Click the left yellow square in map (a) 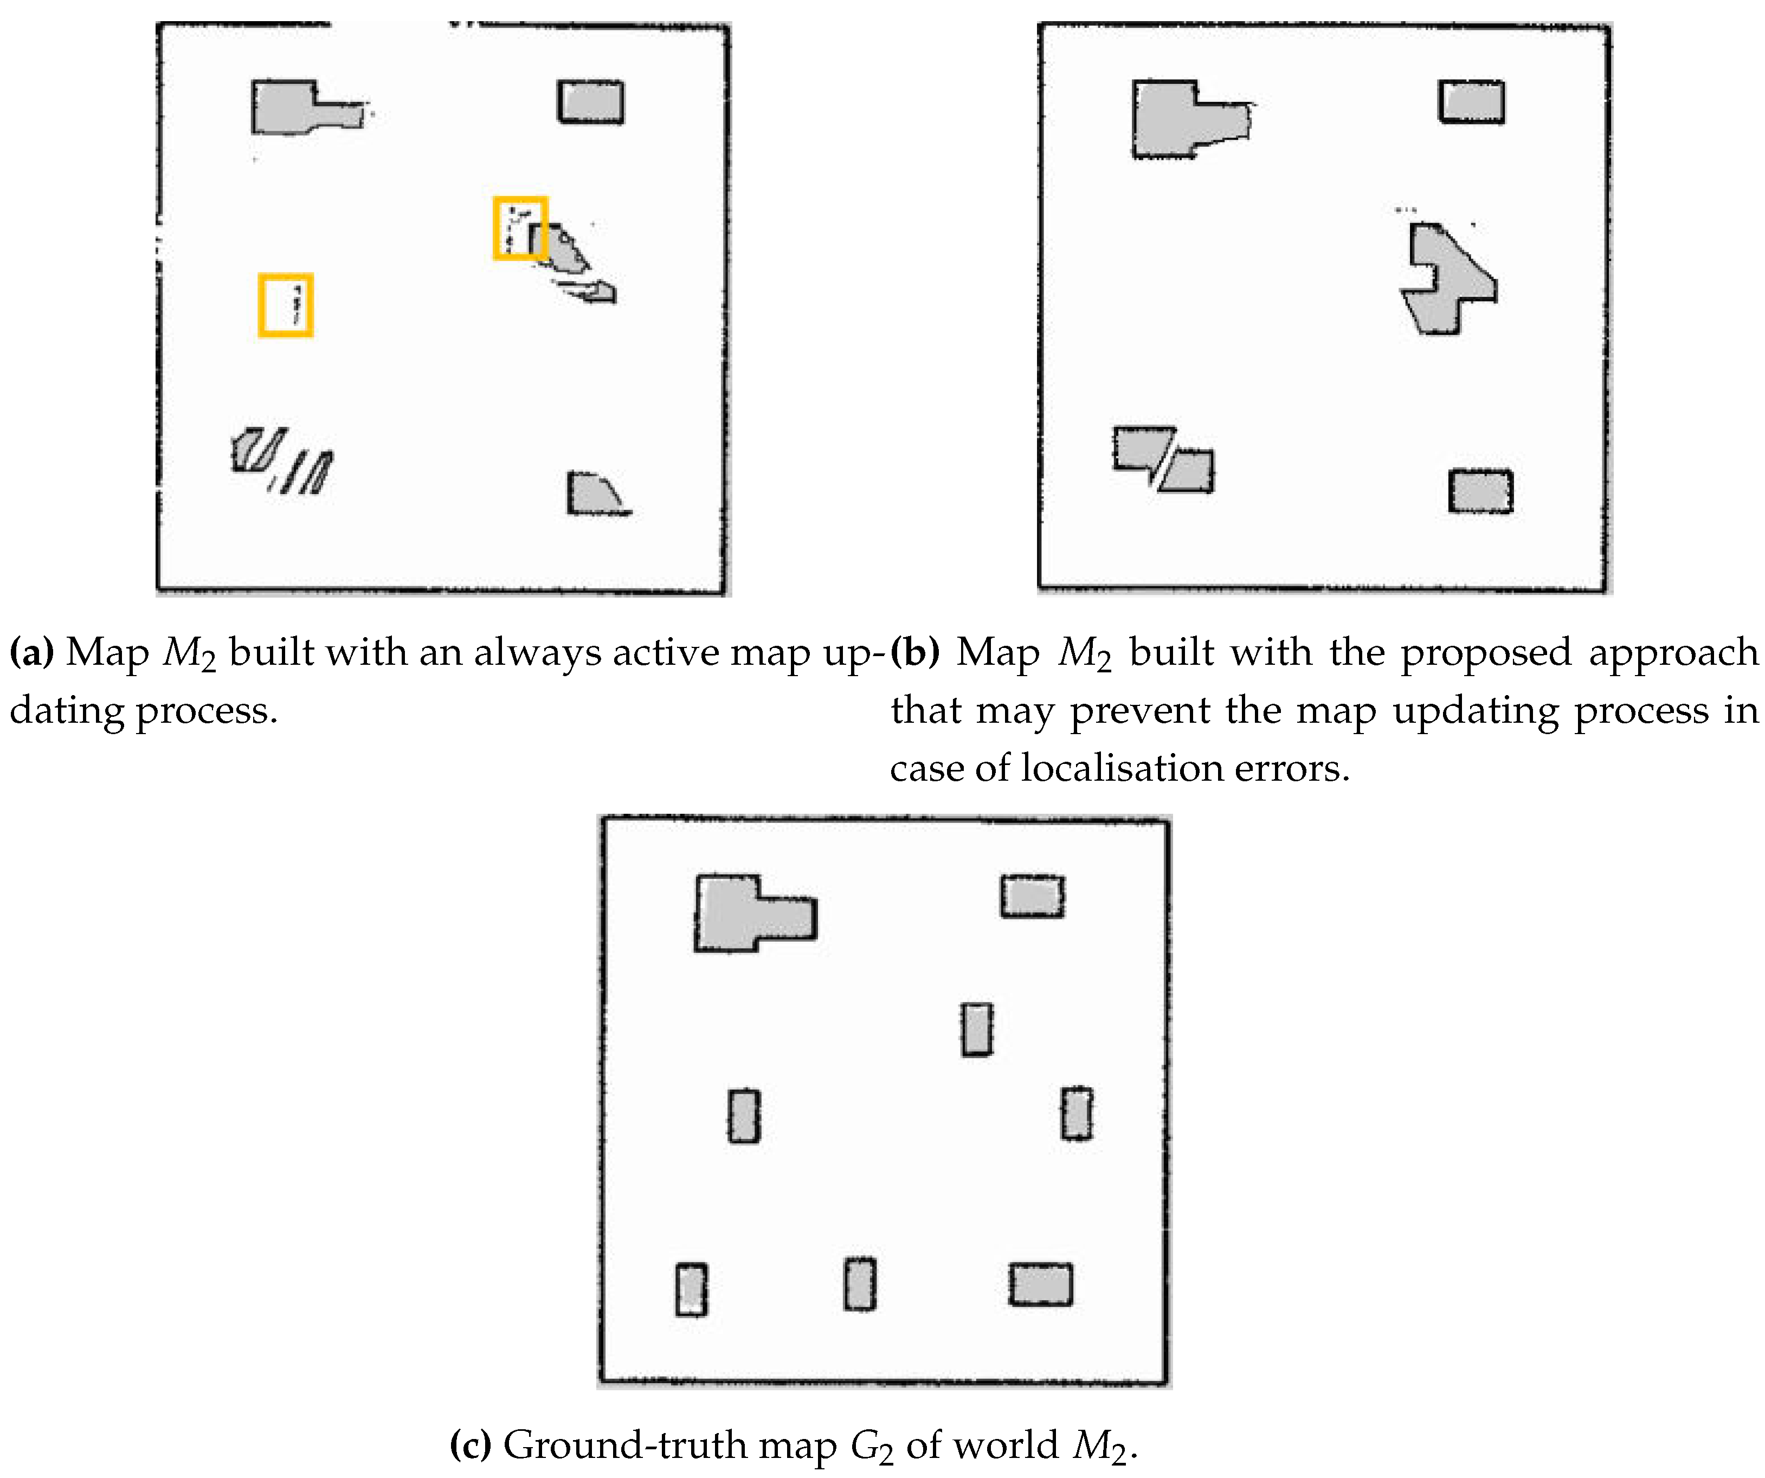(x=286, y=305)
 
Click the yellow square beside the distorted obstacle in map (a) (x=520, y=228)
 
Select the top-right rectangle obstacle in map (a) (x=591, y=102)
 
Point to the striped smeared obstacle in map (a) (x=281, y=461)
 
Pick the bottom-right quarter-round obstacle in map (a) (x=592, y=494)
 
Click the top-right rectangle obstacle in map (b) (x=1472, y=102)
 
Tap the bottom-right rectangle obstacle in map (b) (x=1481, y=491)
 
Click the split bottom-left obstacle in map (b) (x=1164, y=459)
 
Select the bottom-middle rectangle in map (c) (x=860, y=1284)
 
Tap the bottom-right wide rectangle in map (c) (x=1040, y=1285)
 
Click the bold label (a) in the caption (x=31, y=652)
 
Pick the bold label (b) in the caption (x=914, y=652)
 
